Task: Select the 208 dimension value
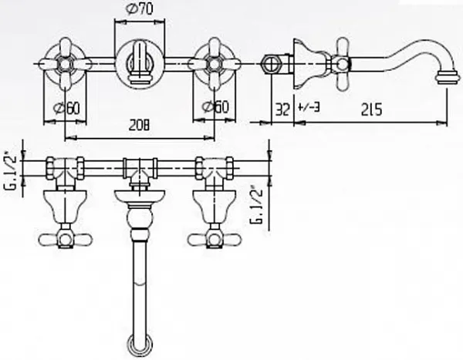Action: (x=139, y=126)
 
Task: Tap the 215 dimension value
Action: (x=371, y=109)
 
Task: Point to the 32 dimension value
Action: (x=282, y=109)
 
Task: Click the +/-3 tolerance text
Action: (x=309, y=107)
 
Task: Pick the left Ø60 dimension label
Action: (x=66, y=108)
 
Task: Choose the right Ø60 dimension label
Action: (x=215, y=107)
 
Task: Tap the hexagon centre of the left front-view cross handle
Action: (x=65, y=64)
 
